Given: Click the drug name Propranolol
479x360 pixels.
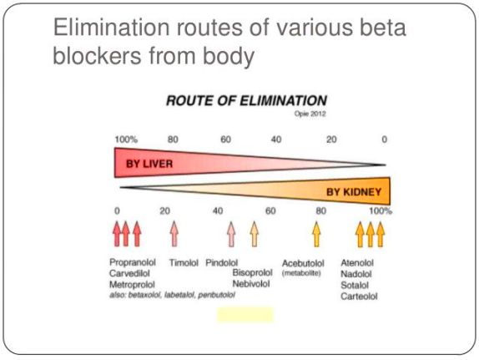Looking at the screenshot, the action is click(x=133, y=263).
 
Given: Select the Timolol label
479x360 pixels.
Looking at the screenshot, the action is click(x=184, y=263).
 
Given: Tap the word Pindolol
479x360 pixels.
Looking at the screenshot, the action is click(x=221, y=263).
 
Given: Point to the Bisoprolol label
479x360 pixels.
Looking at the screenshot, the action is click(x=252, y=272).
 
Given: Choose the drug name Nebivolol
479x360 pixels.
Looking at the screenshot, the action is click(x=251, y=284).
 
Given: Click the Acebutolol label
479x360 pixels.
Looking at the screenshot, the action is click(x=303, y=263).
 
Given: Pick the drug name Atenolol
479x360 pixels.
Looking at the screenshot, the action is click(x=357, y=263).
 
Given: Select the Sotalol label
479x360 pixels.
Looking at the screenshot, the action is click(x=355, y=286).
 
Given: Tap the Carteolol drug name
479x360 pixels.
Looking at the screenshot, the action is click(x=359, y=297).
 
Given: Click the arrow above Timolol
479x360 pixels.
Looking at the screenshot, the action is click(x=174, y=234).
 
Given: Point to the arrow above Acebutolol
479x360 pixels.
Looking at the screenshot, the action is click(x=317, y=234).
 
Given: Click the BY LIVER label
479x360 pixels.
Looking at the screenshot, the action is click(x=149, y=164).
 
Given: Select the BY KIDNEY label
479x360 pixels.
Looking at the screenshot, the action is click(x=354, y=192).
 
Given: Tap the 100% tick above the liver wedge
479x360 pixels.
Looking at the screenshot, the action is click(x=126, y=139).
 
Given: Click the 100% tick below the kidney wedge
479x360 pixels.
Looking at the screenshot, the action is click(x=381, y=211).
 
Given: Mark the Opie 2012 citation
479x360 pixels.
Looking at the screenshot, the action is click(x=310, y=114).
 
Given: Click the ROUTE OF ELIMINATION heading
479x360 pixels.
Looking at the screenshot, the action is click(x=246, y=100).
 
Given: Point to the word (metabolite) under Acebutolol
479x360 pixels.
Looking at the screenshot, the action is click(x=301, y=273).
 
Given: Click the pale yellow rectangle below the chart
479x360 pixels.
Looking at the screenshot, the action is click(x=245, y=315).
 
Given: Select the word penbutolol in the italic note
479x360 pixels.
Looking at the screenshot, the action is click(x=217, y=295).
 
